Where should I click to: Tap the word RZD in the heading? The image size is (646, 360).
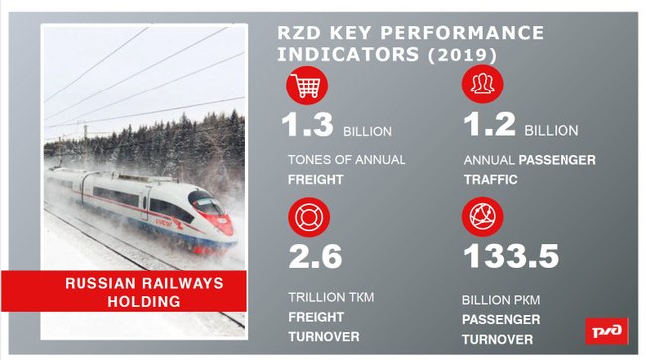click(x=298, y=32)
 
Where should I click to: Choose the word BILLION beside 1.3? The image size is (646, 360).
click(x=368, y=131)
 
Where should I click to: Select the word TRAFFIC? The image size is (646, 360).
click(x=492, y=183)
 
